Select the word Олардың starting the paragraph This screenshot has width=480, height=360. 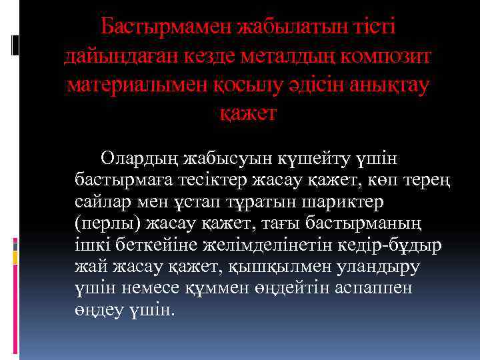(143, 157)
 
